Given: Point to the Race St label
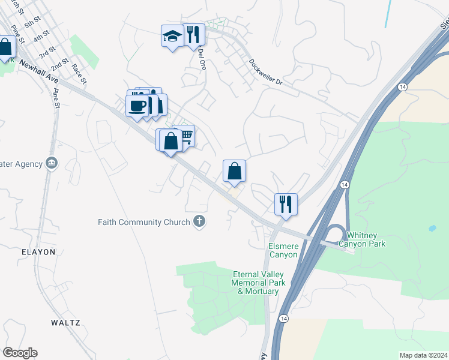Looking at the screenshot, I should point(79,73).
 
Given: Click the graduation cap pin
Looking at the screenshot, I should point(172,37).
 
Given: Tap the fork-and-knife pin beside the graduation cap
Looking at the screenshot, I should point(193,34).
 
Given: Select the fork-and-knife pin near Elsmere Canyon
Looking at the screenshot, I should point(286,203).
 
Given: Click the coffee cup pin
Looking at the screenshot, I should point(137,106).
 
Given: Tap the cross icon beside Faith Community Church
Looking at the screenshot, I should point(199,222).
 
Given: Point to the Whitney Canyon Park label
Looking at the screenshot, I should point(362,239).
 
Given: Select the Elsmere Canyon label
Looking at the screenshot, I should point(283,250).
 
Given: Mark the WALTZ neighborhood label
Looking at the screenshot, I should point(65,322).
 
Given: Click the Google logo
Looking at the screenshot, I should point(20,353).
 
